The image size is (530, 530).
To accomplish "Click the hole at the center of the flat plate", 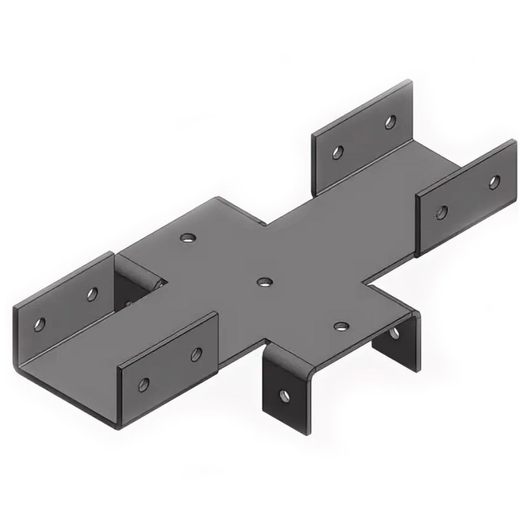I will (x=263, y=282).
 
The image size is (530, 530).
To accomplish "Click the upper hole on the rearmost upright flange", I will (x=390, y=122).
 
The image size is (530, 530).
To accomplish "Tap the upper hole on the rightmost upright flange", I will (x=494, y=182).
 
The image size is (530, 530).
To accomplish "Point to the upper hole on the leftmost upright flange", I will (x=93, y=293).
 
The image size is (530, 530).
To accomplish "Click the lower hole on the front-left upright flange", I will (x=144, y=383).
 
